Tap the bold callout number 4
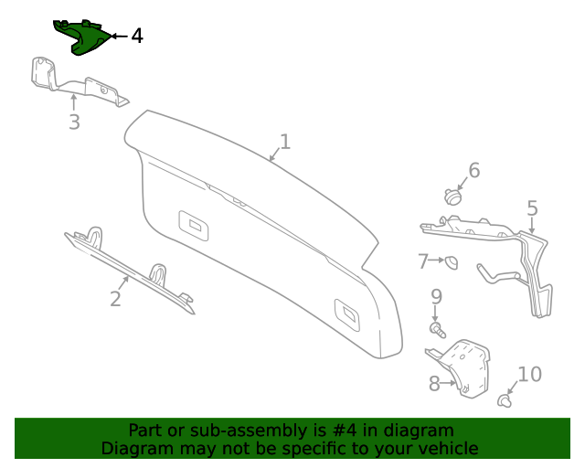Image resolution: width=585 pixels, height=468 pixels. tap(137, 37)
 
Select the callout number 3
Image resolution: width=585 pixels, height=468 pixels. tap(74, 122)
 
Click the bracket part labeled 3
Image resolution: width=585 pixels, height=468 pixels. tap(75, 81)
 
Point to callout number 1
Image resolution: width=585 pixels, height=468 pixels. tap(285, 142)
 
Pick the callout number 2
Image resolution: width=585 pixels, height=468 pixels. tap(115, 299)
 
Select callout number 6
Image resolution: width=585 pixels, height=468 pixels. tap(474, 170)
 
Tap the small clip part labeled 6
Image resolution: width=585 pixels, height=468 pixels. tap(452, 197)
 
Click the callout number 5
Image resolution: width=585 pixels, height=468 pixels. tap(532, 208)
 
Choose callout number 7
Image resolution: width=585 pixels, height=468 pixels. tap(422, 261)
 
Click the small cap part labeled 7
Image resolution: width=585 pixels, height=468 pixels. tap(452, 262)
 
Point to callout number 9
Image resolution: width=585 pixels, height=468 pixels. tap(436, 297)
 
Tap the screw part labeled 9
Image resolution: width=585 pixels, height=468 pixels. tap(438, 331)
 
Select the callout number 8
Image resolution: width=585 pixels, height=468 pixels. tap(434, 384)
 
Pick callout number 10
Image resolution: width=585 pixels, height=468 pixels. tap(530, 374)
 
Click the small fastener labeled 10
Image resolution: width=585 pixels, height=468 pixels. tap(505, 401)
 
